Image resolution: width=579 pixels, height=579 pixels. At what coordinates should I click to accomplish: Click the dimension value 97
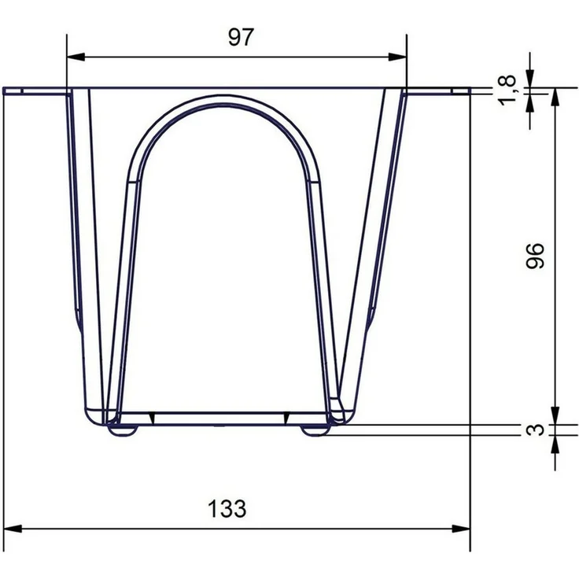[x=242, y=37]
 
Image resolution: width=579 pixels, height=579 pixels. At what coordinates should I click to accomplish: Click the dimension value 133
[x=227, y=508]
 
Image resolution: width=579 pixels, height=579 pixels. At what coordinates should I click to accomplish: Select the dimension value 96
[x=535, y=256]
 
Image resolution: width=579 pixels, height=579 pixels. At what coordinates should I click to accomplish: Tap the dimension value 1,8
[x=507, y=90]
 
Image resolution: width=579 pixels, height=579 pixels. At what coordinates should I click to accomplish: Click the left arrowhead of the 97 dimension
[x=76, y=57]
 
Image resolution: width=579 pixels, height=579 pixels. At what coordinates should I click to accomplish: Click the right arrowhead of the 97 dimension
[x=397, y=57]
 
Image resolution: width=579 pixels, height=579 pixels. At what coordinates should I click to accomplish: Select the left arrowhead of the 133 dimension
[x=12, y=529]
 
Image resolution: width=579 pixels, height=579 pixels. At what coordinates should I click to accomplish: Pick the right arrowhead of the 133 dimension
[x=461, y=529]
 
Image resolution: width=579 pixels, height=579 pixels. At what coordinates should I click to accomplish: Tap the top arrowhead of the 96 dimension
[x=555, y=97]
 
